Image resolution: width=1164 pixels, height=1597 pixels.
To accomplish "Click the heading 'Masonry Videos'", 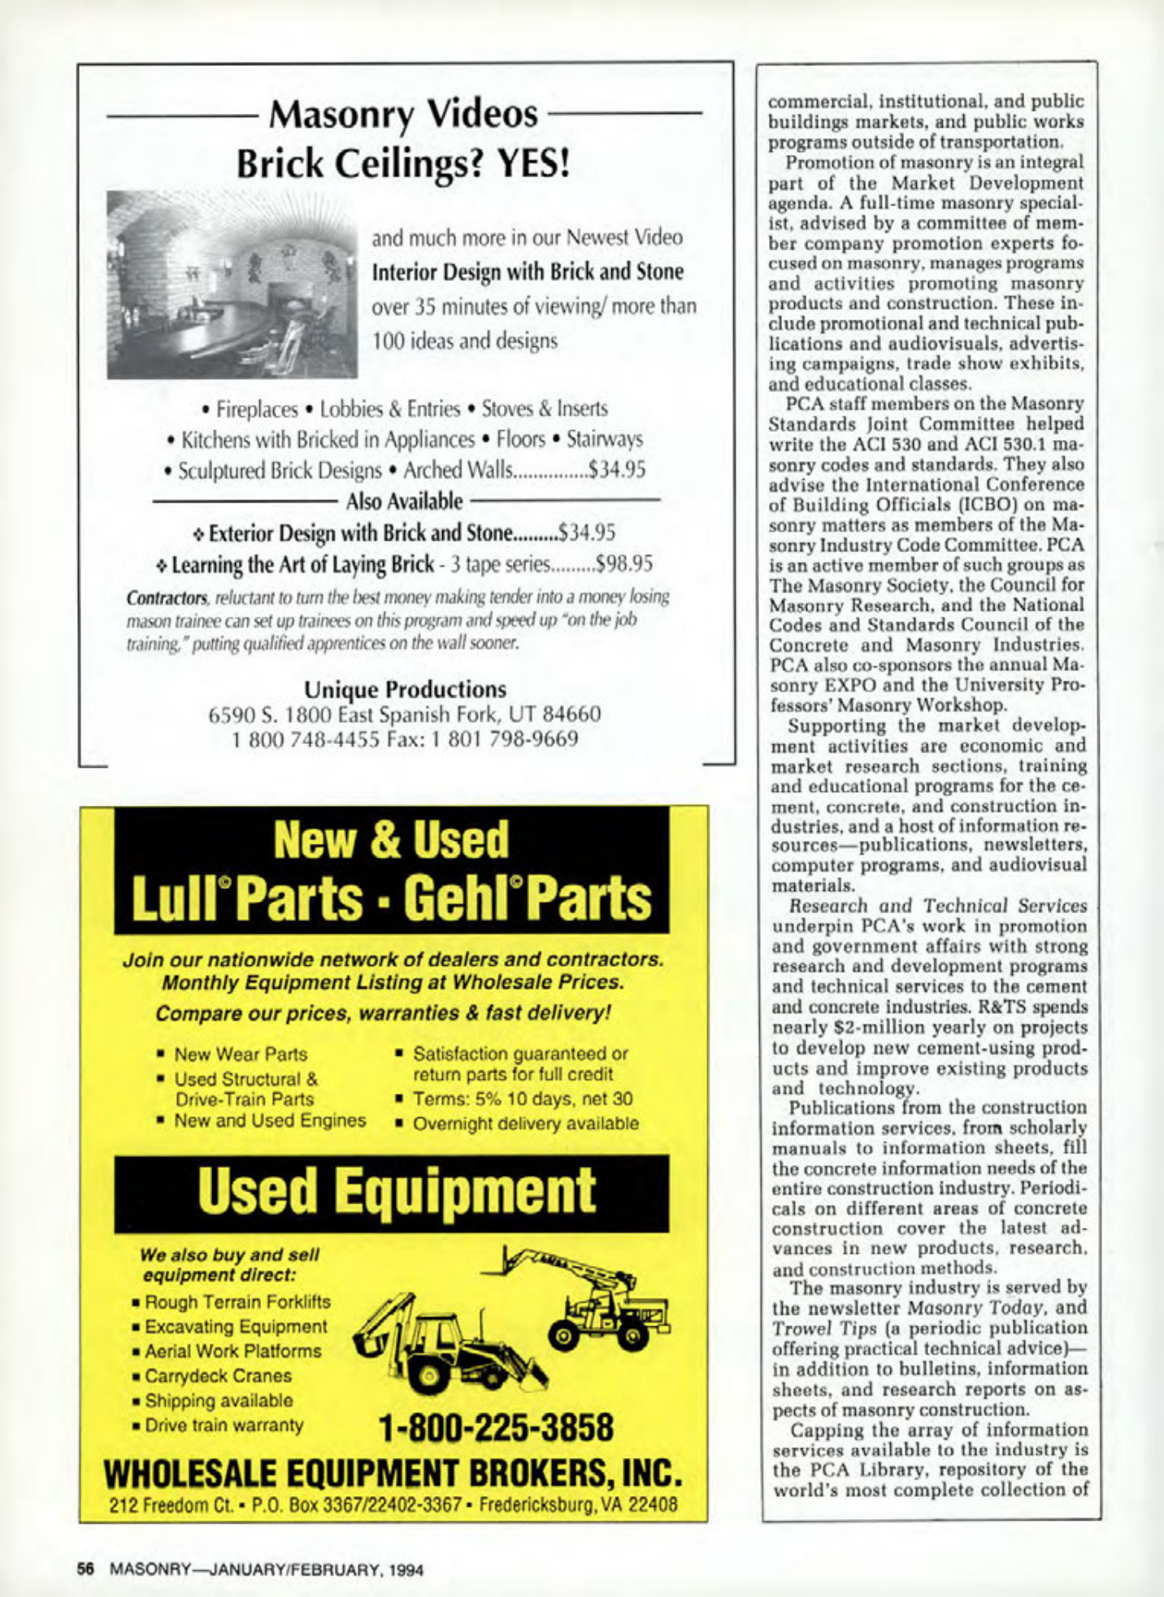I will [x=403, y=115].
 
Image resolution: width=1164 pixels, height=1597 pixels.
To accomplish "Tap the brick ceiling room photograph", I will [x=232, y=284].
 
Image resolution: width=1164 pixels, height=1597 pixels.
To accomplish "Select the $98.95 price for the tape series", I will [x=624, y=564].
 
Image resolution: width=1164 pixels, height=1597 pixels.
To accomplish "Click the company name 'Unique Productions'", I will [x=405, y=690].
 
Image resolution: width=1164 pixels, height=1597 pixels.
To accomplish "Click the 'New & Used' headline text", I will [x=391, y=840].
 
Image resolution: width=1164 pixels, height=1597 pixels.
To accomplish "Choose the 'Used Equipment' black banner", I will [x=391, y=1192].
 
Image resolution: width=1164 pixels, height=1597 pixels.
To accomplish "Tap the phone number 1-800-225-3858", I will [x=496, y=1426].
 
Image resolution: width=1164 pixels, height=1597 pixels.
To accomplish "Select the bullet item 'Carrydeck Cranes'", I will [x=218, y=1376].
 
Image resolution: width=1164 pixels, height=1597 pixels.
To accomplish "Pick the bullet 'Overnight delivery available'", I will [x=525, y=1124].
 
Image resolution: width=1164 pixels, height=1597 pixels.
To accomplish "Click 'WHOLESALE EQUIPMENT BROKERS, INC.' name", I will [x=393, y=1473].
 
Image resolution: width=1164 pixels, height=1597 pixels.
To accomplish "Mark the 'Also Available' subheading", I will [x=404, y=501].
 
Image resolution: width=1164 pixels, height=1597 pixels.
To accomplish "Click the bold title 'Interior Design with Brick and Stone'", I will [x=528, y=272].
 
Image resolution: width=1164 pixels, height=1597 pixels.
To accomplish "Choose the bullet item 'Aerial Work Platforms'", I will [x=232, y=1351].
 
